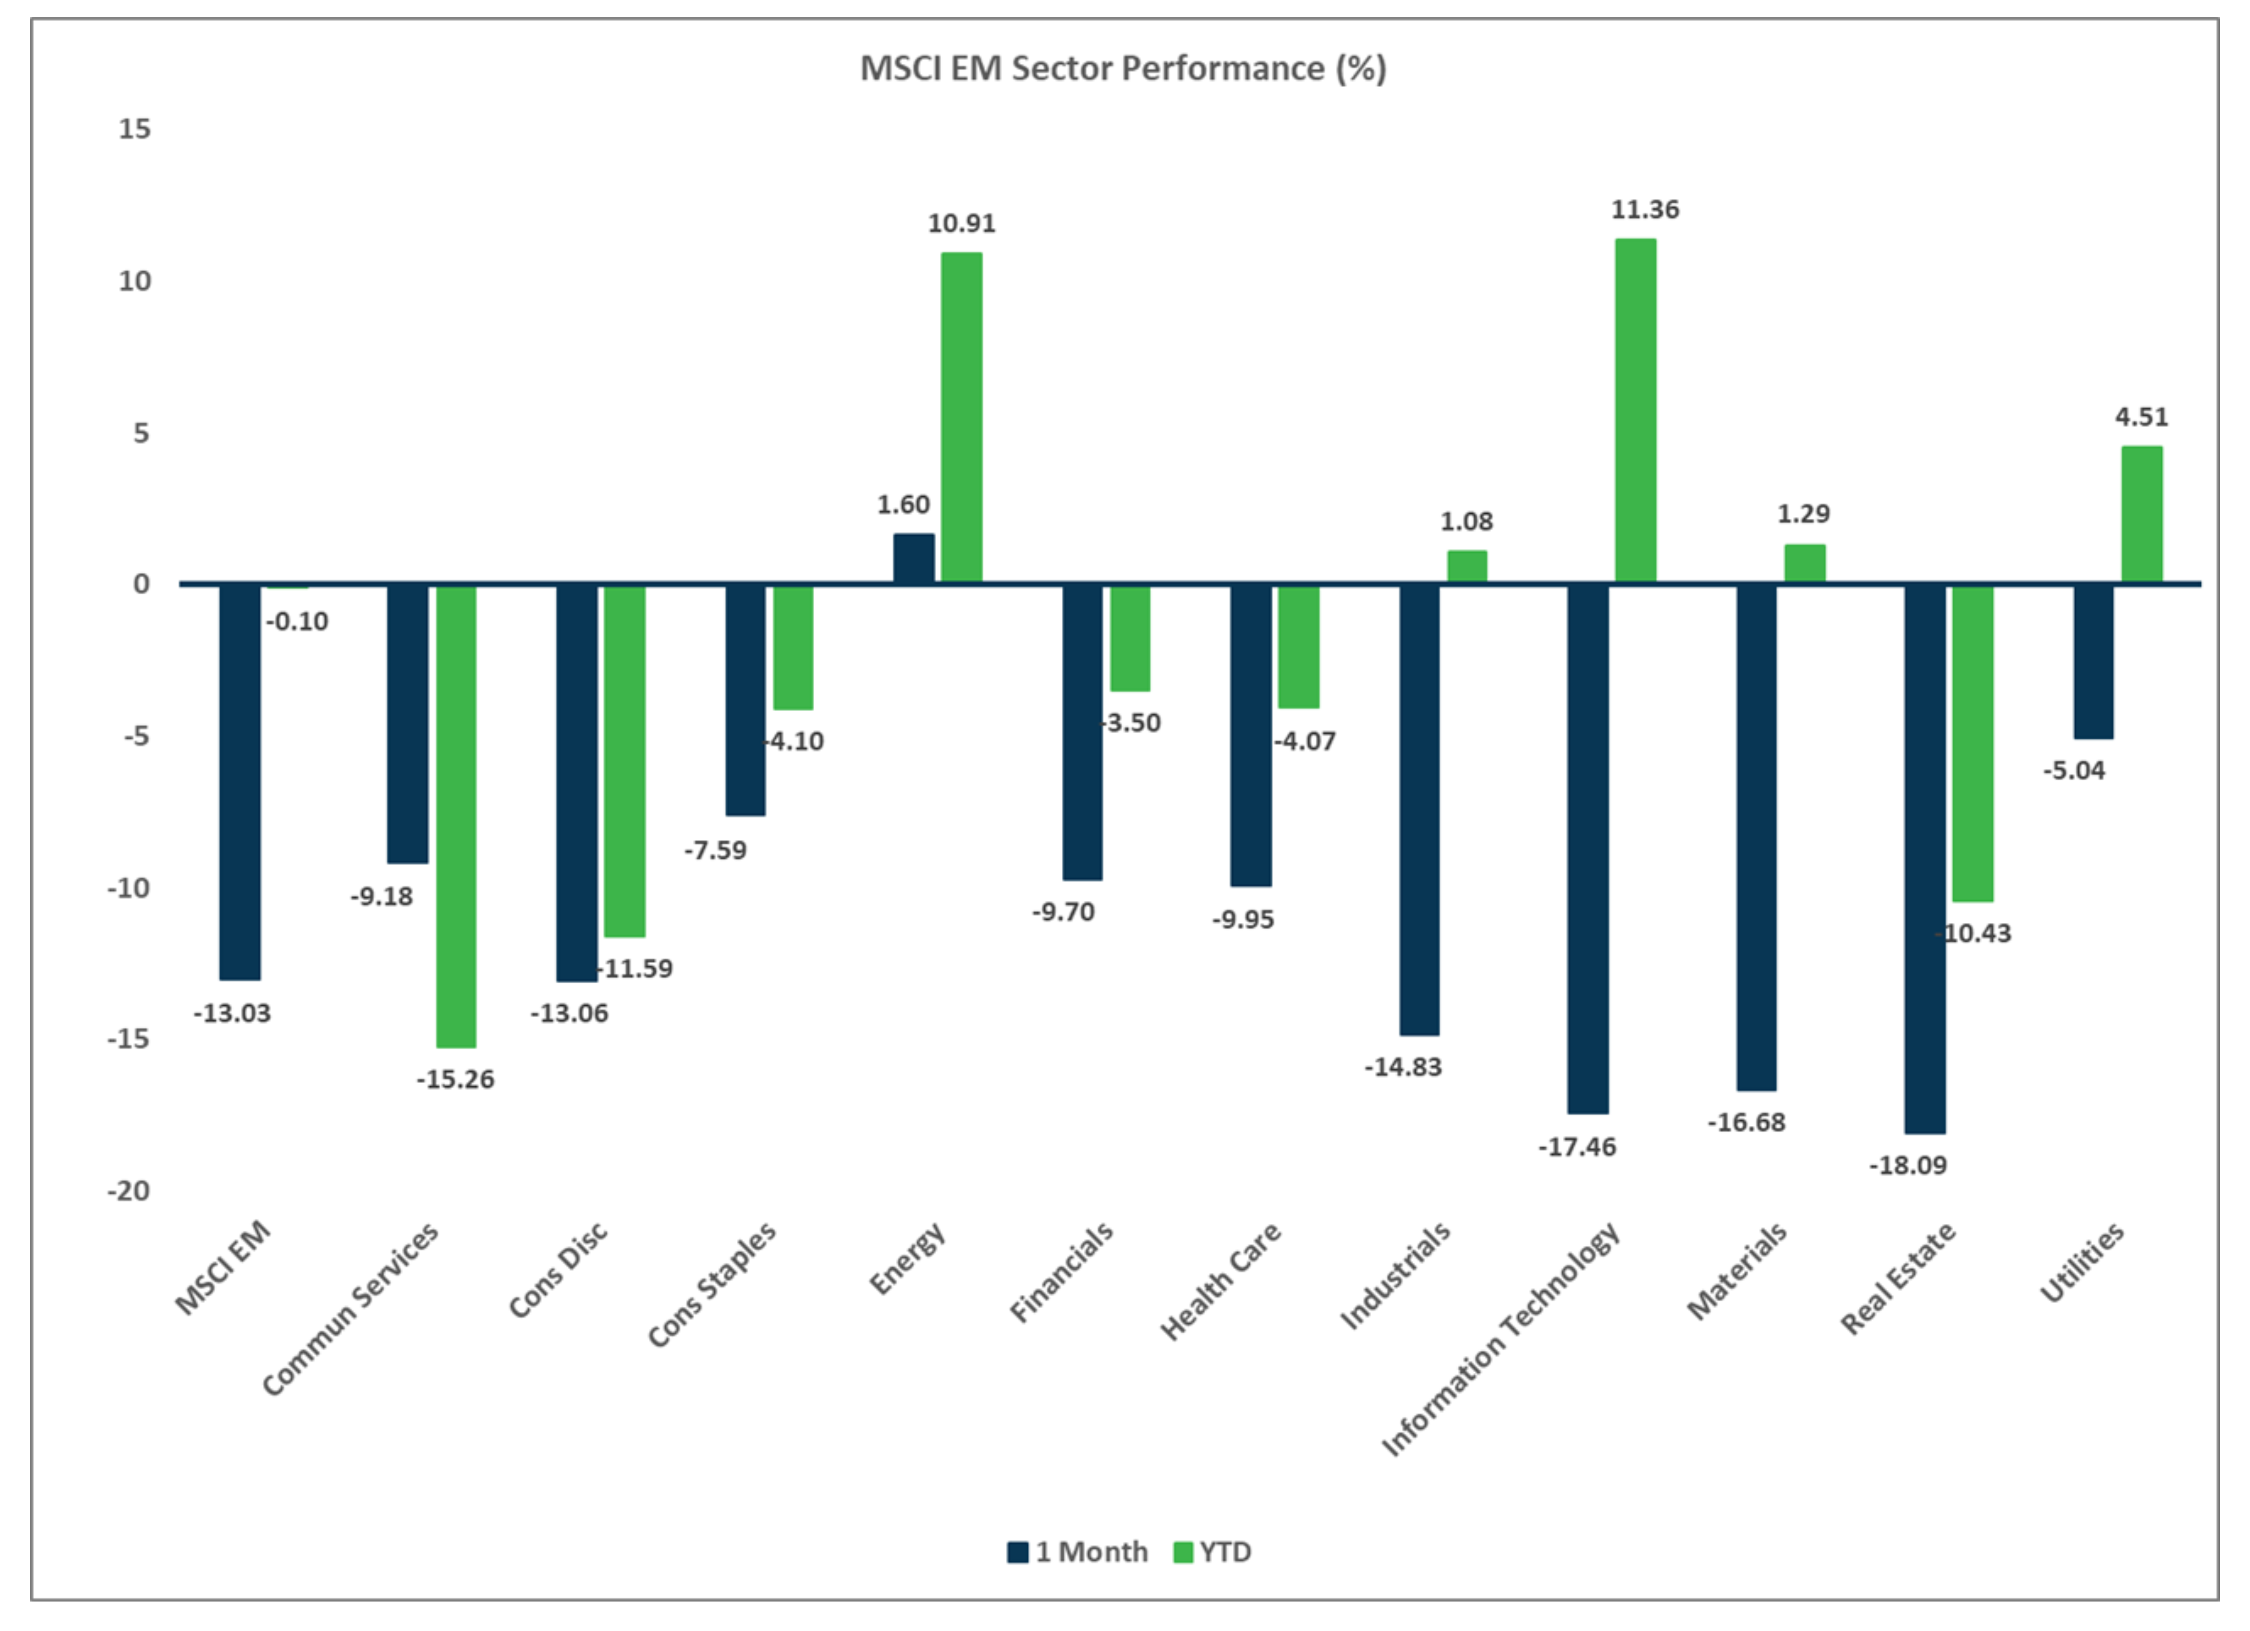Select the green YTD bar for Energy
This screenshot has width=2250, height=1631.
pos(961,417)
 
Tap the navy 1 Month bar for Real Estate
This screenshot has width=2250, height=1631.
pos(1925,858)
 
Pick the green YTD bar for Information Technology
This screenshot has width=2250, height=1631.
pos(1635,410)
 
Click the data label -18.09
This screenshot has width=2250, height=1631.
pos(1907,1165)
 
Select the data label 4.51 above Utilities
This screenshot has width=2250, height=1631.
pos(2141,417)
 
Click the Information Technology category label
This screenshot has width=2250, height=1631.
pos(1500,1339)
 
